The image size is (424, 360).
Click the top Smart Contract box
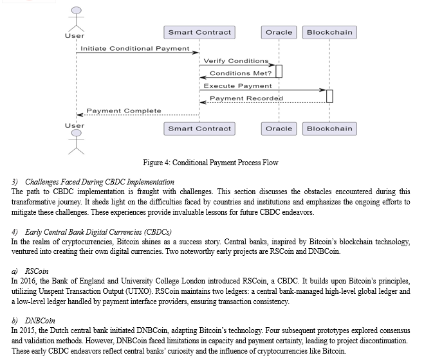coord(199,32)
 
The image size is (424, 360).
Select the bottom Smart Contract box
coord(199,129)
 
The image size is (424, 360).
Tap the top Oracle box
coord(279,32)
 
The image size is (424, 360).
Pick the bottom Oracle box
coord(279,129)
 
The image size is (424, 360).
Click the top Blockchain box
coord(329,32)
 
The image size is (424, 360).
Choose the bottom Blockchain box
coord(329,129)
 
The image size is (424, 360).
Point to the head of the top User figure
coord(77,10)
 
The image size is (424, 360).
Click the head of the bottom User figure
coord(77,133)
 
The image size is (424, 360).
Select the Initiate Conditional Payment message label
coord(135,49)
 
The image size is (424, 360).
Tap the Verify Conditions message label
coord(236,61)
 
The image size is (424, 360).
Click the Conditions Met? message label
coord(241,73)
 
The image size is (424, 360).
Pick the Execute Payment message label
coord(237,86)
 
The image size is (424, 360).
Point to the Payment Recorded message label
coord(246,98)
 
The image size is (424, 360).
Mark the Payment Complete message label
coord(124,111)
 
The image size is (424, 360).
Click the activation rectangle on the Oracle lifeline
coord(279,71)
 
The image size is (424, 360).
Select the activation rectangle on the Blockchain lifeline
coord(329,96)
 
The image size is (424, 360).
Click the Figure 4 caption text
coord(210,163)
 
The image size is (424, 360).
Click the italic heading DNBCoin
coord(40,321)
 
